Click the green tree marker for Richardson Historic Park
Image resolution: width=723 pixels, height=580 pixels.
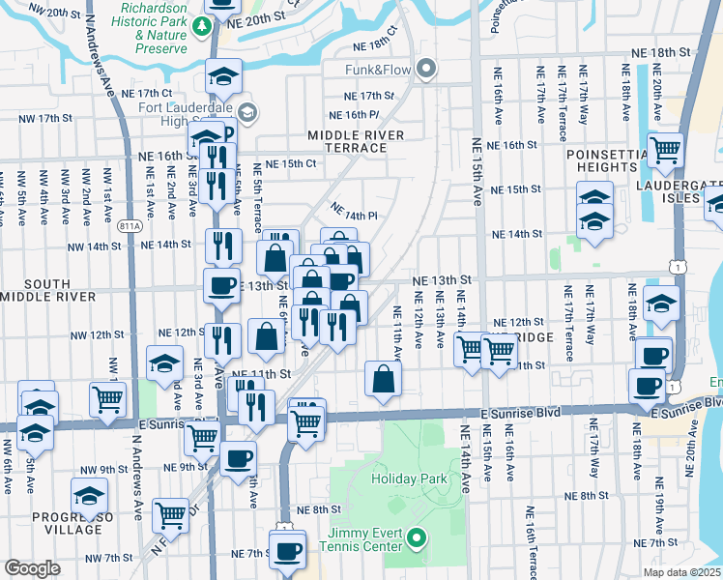click(203, 26)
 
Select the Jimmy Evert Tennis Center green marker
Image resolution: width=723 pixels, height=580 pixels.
click(417, 537)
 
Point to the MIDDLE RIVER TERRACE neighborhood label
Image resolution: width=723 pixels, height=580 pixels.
click(355, 141)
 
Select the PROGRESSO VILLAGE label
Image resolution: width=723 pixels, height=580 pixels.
click(66, 523)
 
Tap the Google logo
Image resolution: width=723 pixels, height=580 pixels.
click(32, 568)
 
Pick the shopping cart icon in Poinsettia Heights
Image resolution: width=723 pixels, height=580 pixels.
click(665, 150)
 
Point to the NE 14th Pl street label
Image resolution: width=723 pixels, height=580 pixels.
click(352, 212)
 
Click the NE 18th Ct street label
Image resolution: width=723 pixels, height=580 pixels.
click(376, 46)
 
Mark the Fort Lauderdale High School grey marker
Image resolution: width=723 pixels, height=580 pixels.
click(246, 113)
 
